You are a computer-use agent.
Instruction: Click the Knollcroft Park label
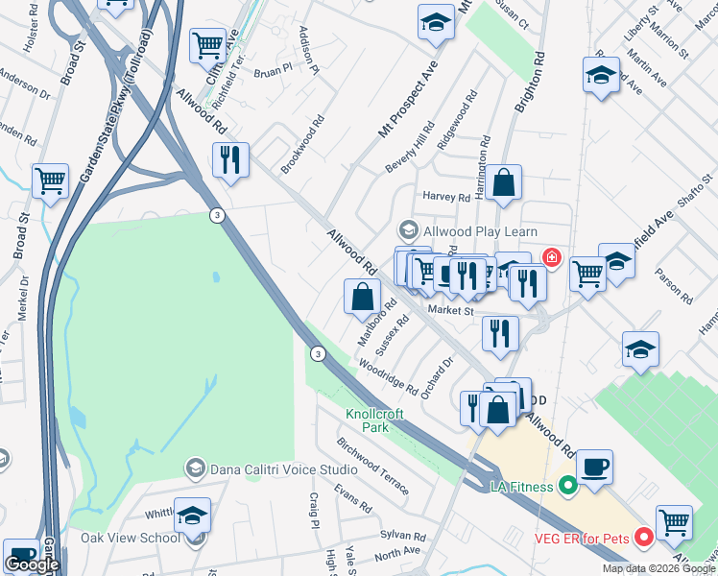(375, 420)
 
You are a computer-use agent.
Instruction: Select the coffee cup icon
(594, 467)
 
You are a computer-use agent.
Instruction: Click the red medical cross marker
(552, 257)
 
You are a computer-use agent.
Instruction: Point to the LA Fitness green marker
(567, 487)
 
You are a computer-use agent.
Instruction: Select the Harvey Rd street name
(447, 198)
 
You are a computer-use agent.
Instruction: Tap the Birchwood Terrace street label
(372, 467)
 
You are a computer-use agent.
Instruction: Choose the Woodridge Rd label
(387, 378)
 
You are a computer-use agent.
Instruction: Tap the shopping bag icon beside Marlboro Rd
(362, 297)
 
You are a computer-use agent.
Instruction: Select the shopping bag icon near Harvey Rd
(502, 182)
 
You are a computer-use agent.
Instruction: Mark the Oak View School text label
(130, 538)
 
